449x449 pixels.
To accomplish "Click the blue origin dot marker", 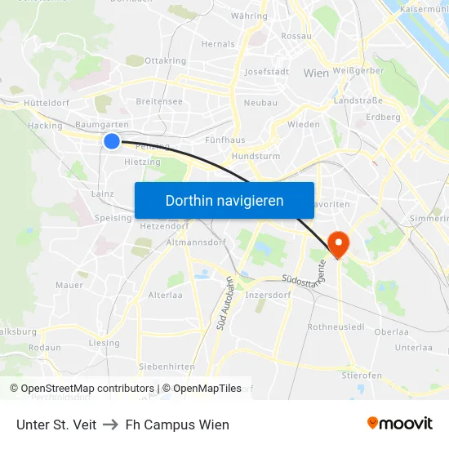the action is [112, 141].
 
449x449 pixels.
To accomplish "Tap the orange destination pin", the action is [336, 242].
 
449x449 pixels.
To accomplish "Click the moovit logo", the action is [399, 423].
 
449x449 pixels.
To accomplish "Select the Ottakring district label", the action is [165, 60].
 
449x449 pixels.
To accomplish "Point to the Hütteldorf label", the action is [47, 103].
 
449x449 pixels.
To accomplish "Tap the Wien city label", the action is [316, 73].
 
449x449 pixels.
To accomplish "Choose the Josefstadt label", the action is [267, 71].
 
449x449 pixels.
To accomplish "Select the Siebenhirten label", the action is [166, 367].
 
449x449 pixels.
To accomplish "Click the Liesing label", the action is [104, 343].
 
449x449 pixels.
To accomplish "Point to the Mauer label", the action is [69, 285].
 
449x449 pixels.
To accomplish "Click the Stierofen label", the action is [362, 376].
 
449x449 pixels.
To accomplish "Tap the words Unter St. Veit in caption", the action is [56, 425].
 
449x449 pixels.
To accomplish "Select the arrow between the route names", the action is [111, 425].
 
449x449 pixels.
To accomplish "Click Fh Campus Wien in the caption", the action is [177, 425].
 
